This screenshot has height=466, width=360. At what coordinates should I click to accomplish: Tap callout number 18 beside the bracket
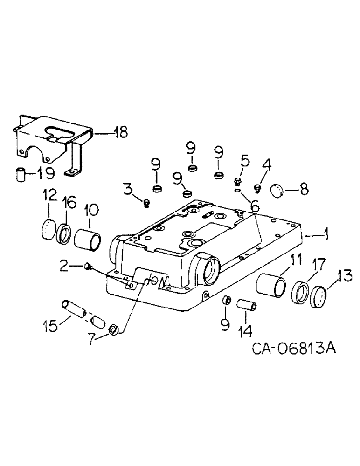[x=120, y=132]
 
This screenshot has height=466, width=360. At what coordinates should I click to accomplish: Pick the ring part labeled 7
[x=113, y=330]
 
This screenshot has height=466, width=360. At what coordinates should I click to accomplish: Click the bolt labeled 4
[x=257, y=188]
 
